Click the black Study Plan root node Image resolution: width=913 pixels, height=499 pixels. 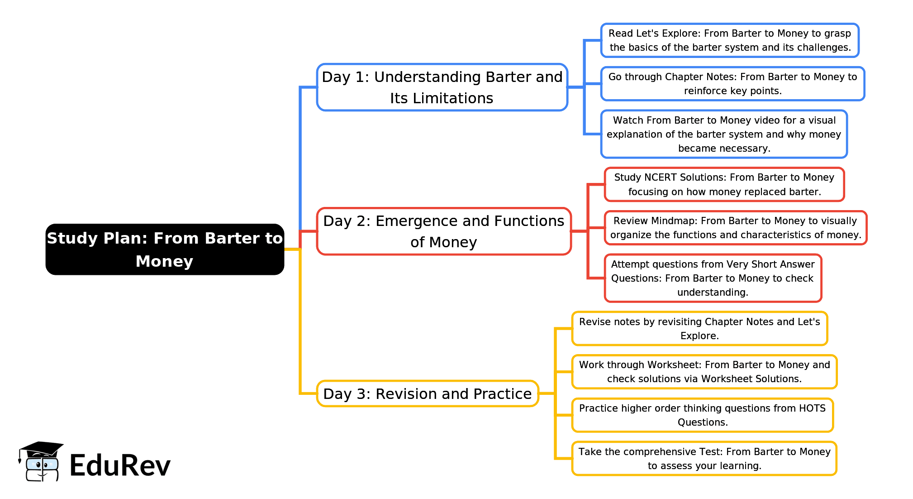165,249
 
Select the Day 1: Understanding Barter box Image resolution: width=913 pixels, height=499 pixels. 442,87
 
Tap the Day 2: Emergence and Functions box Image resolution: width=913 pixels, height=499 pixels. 444,231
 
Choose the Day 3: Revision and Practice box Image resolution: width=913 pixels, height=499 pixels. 428,393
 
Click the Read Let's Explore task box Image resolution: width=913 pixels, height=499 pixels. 730,40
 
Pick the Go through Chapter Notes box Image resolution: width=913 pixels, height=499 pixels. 732,84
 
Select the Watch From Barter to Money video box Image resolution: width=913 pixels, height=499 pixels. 724,134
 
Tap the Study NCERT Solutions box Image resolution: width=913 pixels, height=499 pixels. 724,184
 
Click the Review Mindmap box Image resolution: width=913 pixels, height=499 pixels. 736,228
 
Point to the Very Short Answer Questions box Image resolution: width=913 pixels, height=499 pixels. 713,278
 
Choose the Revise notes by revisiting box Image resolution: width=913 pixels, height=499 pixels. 699,328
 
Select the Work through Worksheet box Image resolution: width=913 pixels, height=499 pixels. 704,372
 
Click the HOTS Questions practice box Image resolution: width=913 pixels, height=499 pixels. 703,415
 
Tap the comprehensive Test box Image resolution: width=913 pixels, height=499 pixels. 704,458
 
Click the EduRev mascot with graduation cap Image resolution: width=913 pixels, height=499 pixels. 41,462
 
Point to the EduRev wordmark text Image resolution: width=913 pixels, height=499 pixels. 120,465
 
